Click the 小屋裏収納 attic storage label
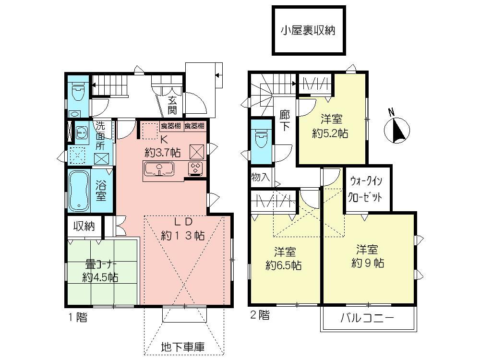pyautogui.click(x=308, y=31)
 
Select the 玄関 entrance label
pyautogui.click(x=172, y=106)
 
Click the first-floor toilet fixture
pyautogui.click(x=77, y=91)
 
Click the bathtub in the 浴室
pyautogui.click(x=78, y=191)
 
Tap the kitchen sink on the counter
pyautogui.click(x=159, y=169)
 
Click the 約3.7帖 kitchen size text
pyautogui.click(x=163, y=153)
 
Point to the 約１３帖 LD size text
pyautogui.click(x=183, y=236)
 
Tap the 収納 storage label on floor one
pyautogui.click(x=84, y=226)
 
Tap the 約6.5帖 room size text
pyautogui.click(x=284, y=265)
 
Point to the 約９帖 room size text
pyautogui.click(x=368, y=263)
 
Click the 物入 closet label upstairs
pyautogui.click(x=260, y=177)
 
